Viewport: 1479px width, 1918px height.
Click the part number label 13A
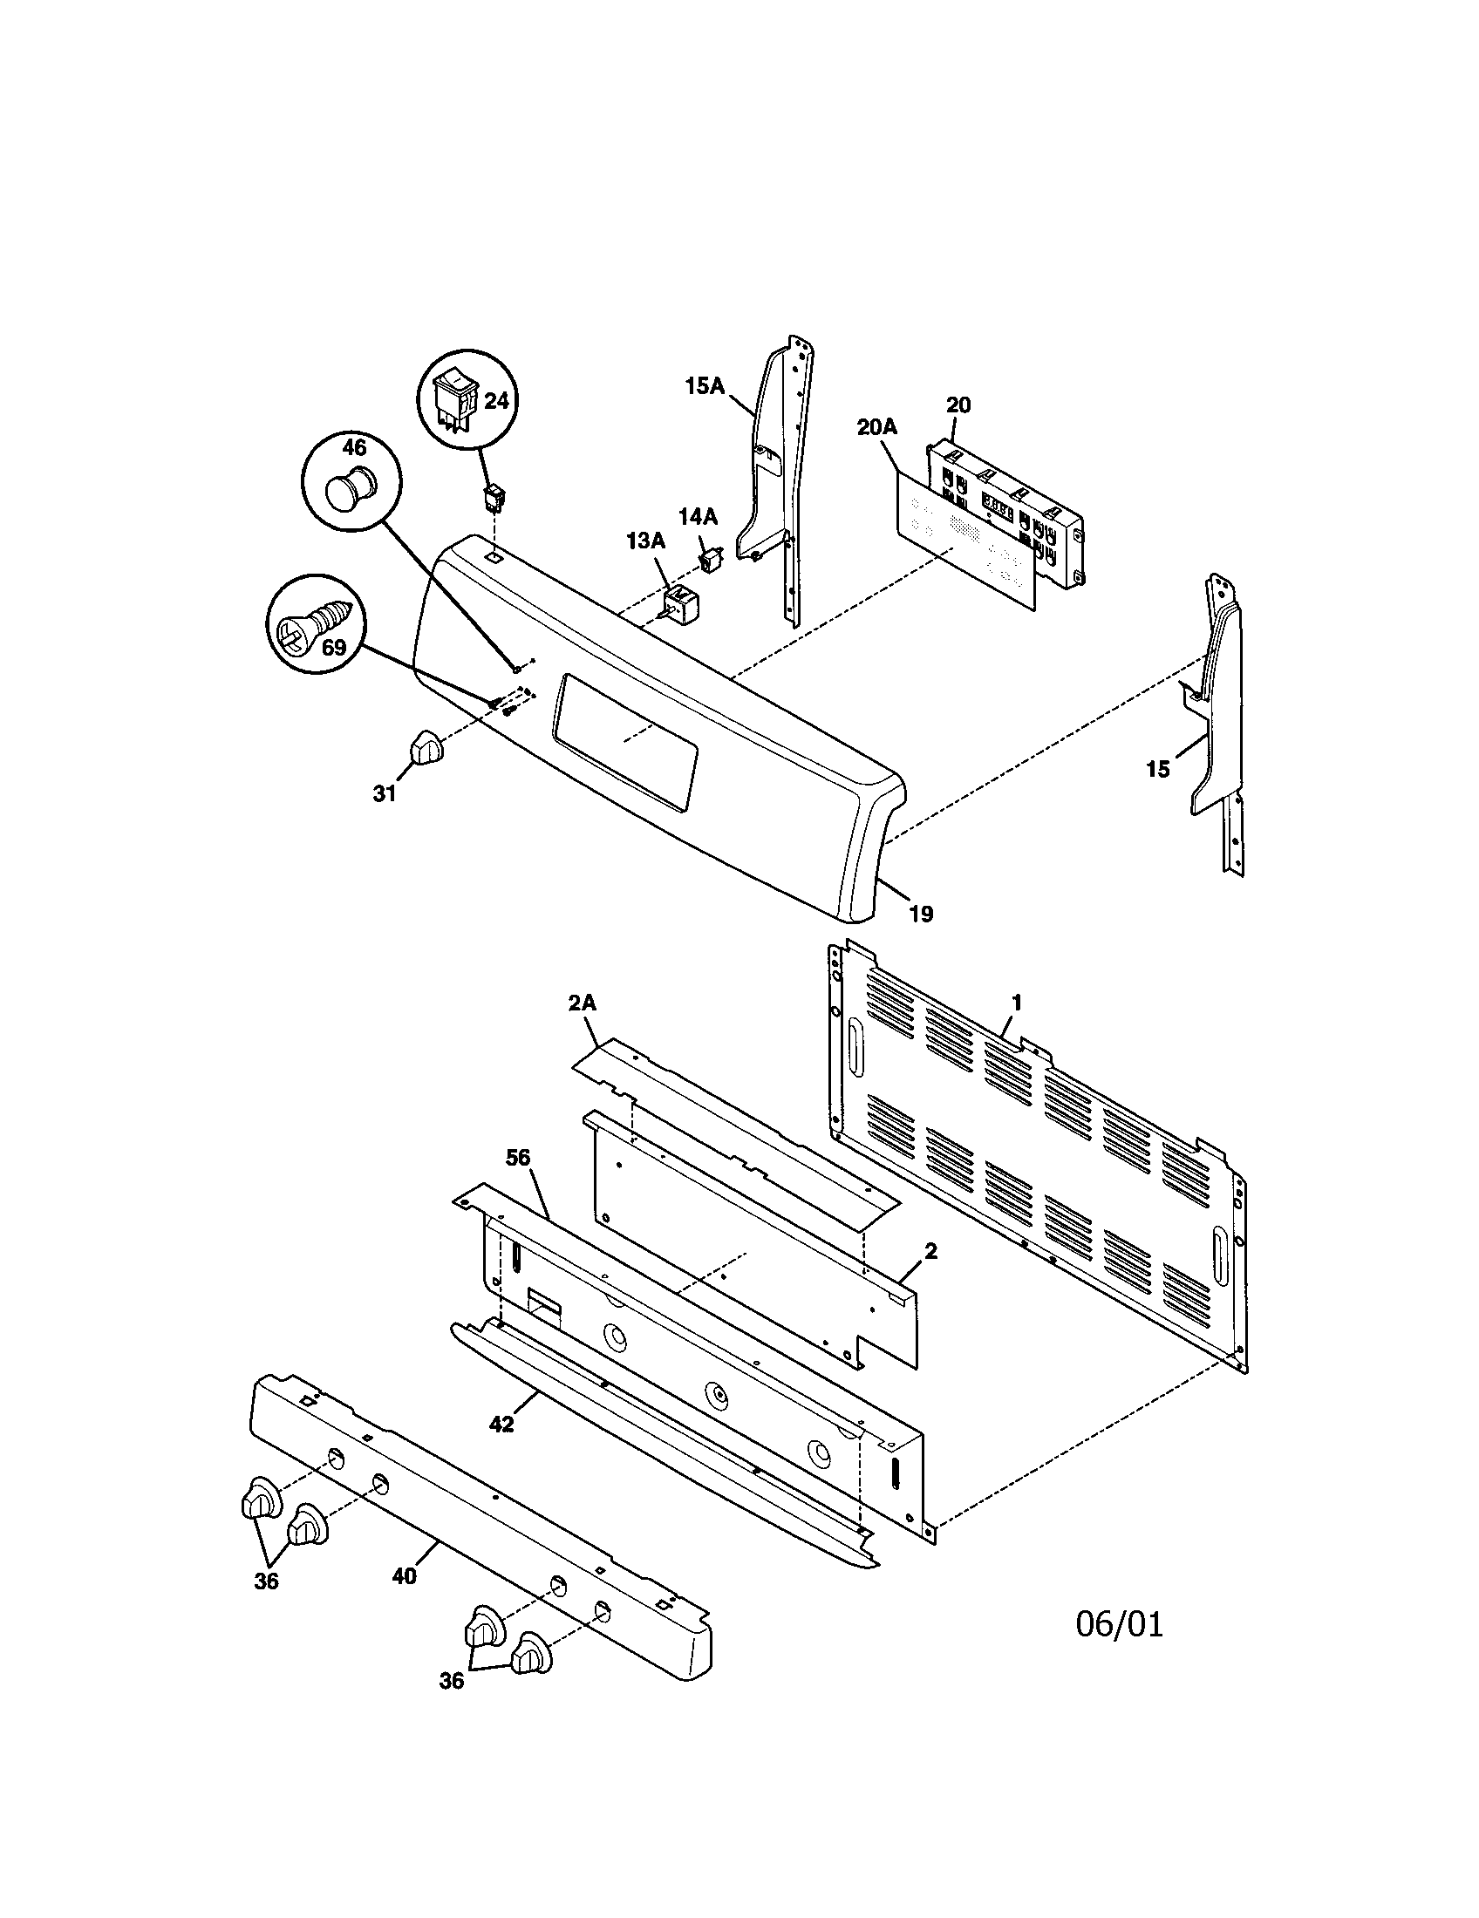tap(645, 541)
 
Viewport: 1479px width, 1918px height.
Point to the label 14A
tap(699, 516)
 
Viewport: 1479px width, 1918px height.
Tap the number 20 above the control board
tap(958, 405)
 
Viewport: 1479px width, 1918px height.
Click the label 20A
tap(876, 427)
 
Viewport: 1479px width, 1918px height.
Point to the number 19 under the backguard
tap(919, 914)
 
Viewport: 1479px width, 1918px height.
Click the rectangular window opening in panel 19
tap(624, 738)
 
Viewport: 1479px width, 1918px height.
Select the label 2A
tap(582, 1003)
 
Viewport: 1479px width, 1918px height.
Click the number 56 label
tap(518, 1158)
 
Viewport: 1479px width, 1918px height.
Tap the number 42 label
tap(501, 1424)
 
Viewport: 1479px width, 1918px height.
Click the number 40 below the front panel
tap(404, 1576)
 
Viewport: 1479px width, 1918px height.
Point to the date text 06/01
tap(1119, 1624)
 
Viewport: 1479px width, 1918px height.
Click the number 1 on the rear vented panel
tap(1016, 1001)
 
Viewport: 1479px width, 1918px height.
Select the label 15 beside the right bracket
tap(1157, 769)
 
